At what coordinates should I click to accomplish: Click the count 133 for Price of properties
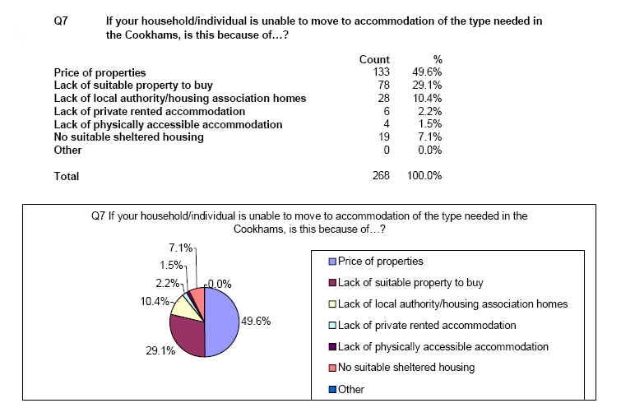click(x=381, y=72)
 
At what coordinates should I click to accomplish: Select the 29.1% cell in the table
click(x=427, y=86)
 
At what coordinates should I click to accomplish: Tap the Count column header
click(x=374, y=59)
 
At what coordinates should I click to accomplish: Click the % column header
click(x=438, y=59)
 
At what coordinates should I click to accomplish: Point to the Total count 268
click(x=381, y=175)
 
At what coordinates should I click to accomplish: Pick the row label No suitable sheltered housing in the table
click(x=128, y=137)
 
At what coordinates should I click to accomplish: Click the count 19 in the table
click(x=384, y=137)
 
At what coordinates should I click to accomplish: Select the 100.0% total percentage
click(x=424, y=175)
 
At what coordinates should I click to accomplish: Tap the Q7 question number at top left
click(x=61, y=21)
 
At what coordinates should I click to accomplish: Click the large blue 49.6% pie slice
click(x=223, y=322)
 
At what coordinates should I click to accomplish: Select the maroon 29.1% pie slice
click(x=187, y=336)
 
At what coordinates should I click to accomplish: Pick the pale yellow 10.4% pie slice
click(x=185, y=308)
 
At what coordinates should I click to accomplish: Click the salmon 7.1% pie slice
click(x=198, y=299)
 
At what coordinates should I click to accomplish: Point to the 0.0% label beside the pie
click(x=220, y=284)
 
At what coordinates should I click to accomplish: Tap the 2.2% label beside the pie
click(x=167, y=283)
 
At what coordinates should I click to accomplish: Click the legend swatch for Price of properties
click(x=332, y=262)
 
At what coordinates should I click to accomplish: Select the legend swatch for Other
click(x=332, y=389)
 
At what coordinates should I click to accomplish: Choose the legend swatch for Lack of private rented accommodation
click(x=332, y=325)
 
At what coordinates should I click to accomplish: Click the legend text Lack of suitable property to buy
click(x=410, y=283)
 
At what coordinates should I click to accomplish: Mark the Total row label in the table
click(x=67, y=176)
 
